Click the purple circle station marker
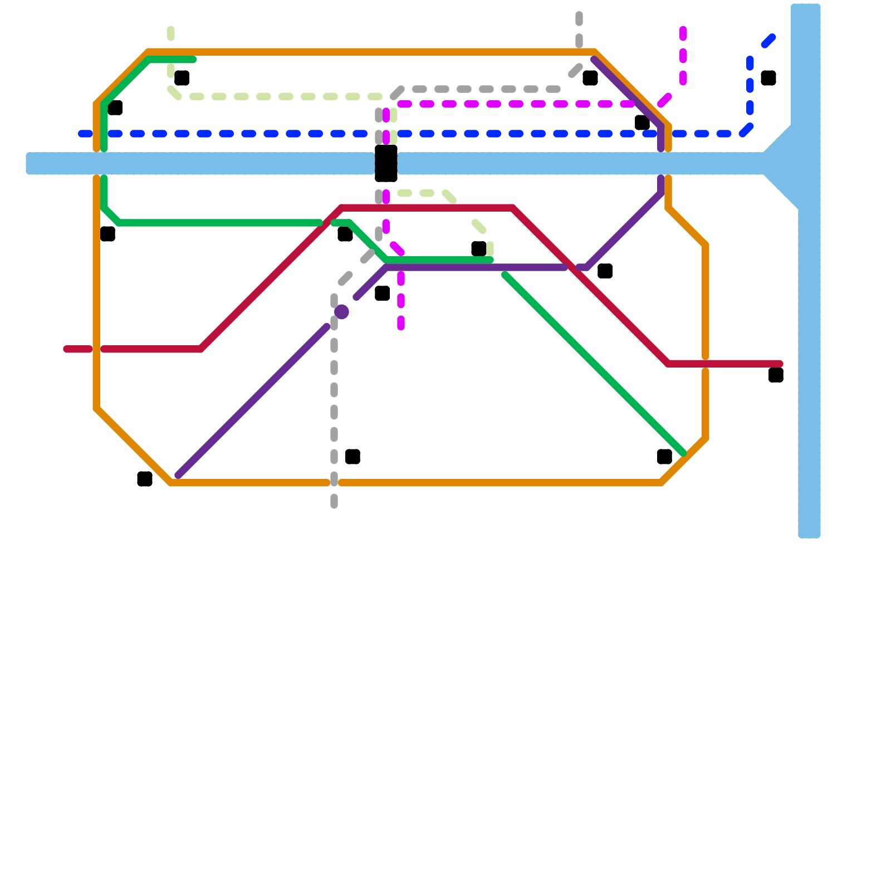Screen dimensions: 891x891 [341, 312]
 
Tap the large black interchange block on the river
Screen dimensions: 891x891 [386, 163]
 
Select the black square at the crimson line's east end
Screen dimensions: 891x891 [776, 375]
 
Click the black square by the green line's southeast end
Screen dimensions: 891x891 [664, 457]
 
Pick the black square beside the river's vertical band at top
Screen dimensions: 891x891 [768, 78]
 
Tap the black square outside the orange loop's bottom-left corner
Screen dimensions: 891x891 [145, 479]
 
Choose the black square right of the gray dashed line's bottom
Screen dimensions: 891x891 [353, 457]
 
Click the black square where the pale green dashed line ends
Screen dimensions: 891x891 [479, 249]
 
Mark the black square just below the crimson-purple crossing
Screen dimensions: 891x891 [605, 271]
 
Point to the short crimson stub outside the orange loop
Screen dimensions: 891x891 [78, 349]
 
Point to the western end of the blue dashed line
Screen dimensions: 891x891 [84, 134]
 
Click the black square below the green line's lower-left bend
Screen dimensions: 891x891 [107, 234]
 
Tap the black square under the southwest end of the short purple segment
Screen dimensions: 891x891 [382, 293]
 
